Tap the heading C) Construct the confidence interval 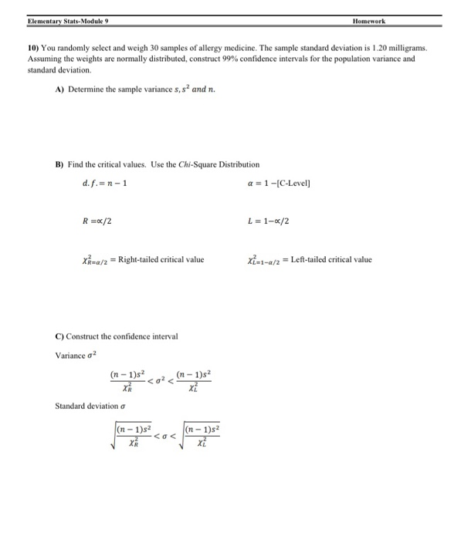point(117,336)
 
